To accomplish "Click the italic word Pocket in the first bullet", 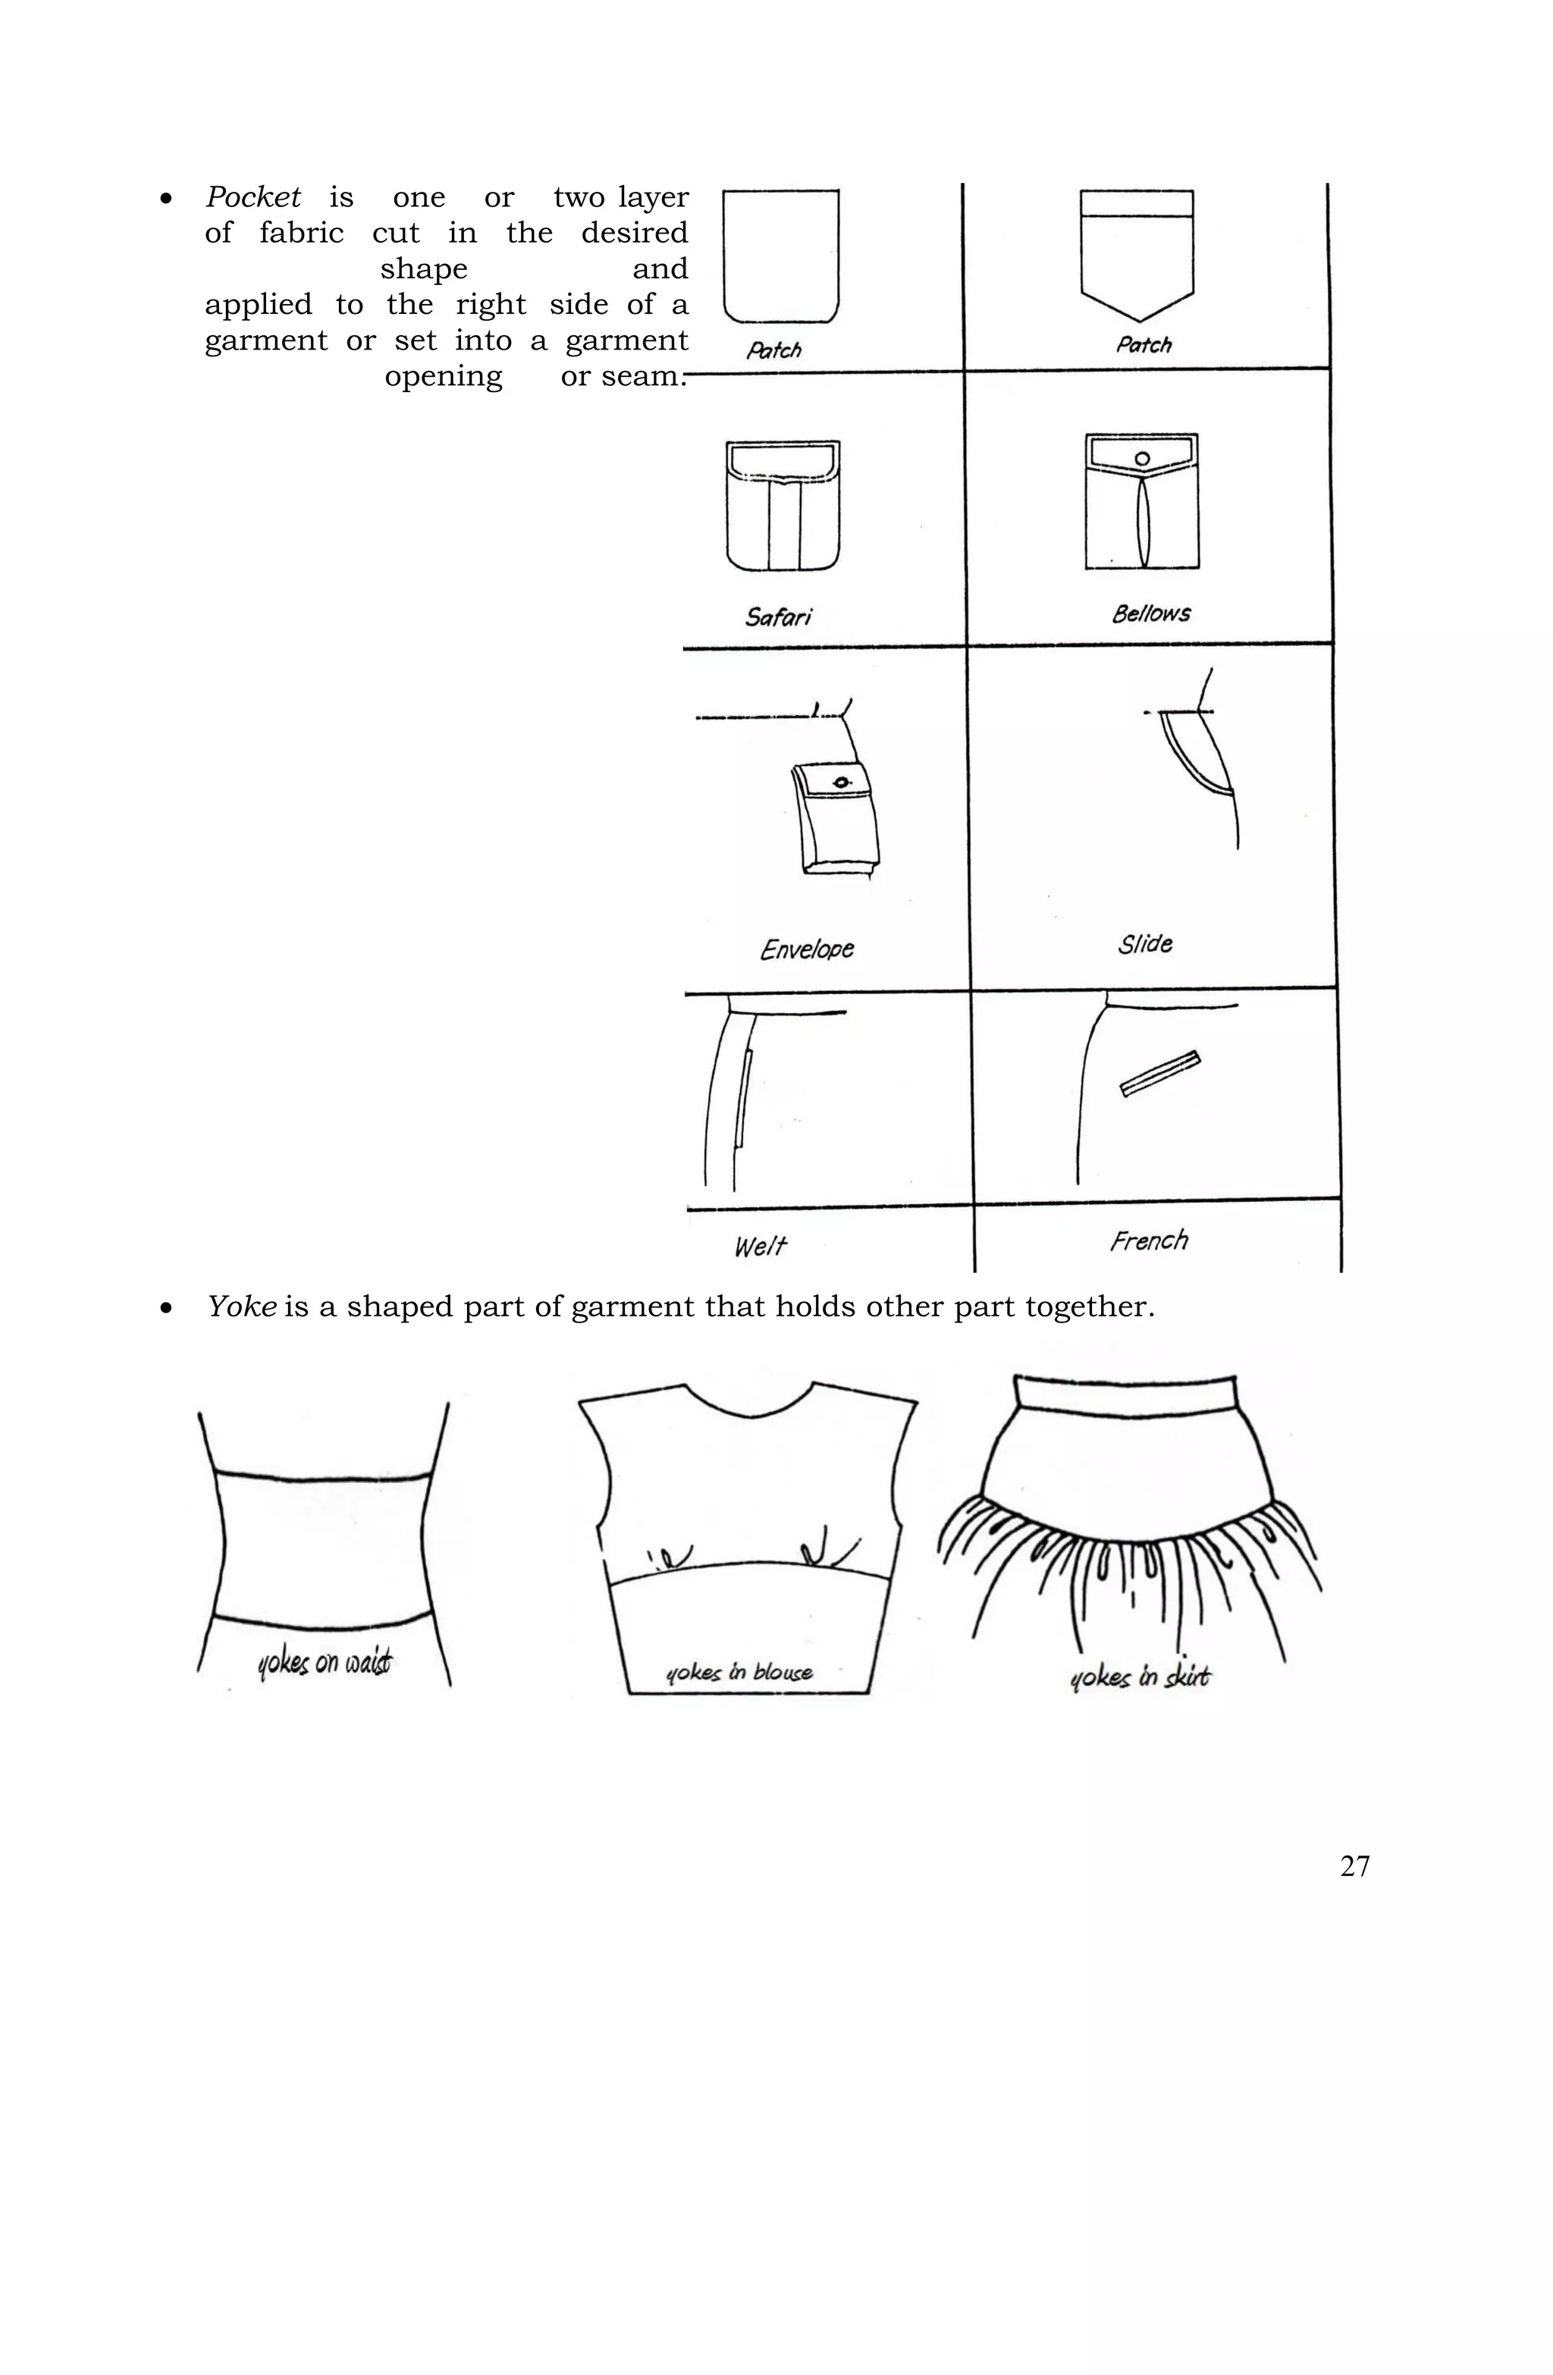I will pos(253,198).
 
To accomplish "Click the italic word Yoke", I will pos(240,1307).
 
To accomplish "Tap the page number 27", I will pos(1354,1866).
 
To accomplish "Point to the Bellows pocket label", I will pos(1151,613).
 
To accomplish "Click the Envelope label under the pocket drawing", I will pos(806,948).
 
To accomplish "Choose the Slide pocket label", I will pos(1145,943).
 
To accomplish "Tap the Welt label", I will pos(760,1245).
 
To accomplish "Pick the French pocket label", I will pos(1149,1241).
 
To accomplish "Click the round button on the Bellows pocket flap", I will pos(1143,458).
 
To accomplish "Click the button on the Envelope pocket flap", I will pos(842,781).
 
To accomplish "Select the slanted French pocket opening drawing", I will pos(1159,1075).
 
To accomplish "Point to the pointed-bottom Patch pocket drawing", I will pos(1137,255).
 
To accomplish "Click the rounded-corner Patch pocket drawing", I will pos(780,256).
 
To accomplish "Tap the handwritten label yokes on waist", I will pos(325,1662).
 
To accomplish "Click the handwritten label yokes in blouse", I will pos(739,1673).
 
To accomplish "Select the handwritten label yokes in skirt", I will pos(1139,1677).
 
